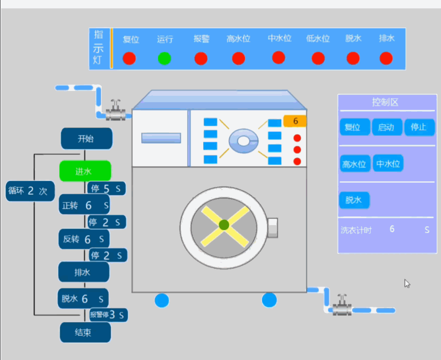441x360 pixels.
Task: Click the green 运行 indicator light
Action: click(165, 59)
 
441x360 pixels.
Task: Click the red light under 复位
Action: click(129, 59)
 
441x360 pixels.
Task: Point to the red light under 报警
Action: click(201, 59)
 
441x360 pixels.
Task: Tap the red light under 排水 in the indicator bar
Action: click(386, 58)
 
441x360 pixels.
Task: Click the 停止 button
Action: click(419, 127)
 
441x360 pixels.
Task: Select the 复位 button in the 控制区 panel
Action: click(355, 127)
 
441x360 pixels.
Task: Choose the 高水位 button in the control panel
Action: click(355, 164)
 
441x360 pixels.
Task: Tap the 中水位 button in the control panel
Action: click(388, 163)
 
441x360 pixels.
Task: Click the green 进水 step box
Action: click(85, 171)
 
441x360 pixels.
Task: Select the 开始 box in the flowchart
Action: click(87, 138)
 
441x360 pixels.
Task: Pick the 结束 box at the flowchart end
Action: click(85, 332)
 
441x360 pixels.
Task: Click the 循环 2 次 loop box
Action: click(30, 191)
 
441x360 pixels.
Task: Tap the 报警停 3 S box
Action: click(108, 315)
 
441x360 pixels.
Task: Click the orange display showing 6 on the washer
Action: click(295, 121)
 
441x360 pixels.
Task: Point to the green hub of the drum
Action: click(224, 225)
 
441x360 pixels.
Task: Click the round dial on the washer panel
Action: click(244, 141)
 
